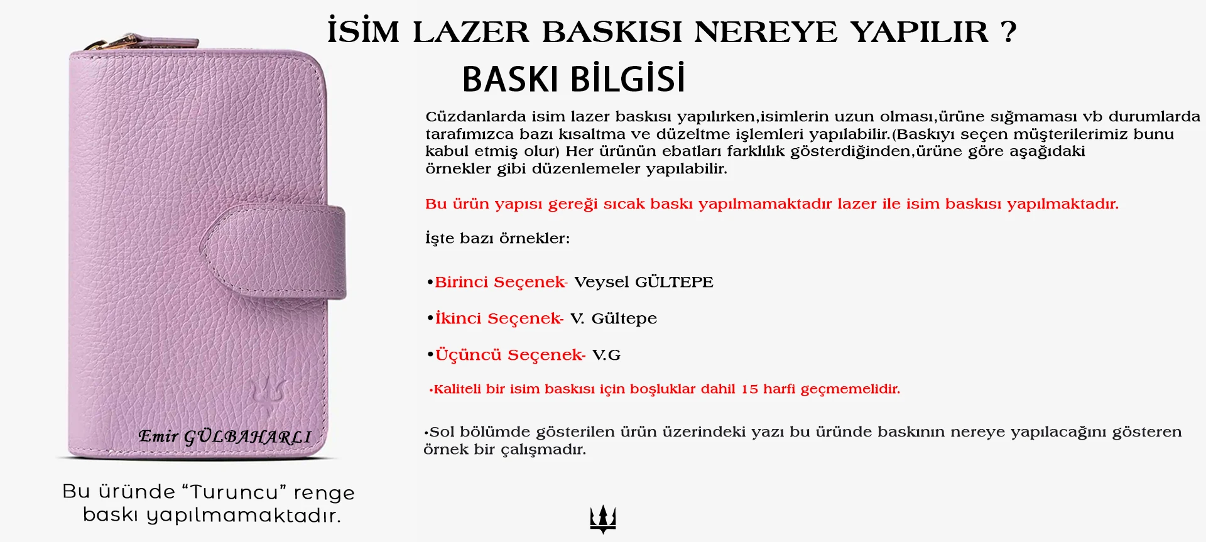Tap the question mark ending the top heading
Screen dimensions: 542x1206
[x=1009, y=31]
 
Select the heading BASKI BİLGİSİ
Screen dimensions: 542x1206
[x=573, y=79]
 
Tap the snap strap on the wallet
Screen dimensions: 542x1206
[x=276, y=250]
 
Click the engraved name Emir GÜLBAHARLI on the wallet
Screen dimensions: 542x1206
[x=224, y=436]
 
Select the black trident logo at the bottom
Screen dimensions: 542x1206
[x=603, y=519]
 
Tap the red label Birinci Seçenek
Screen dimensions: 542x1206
[x=501, y=282]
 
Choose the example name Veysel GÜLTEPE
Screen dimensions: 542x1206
[x=643, y=282]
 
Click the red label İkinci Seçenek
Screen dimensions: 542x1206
[x=499, y=318]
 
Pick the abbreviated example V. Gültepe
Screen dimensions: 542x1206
[x=614, y=318]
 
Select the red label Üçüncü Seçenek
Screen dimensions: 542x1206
[x=510, y=355]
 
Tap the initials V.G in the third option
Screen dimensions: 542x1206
[x=606, y=355]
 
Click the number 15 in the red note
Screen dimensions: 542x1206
[x=749, y=389]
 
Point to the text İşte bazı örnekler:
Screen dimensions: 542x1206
[x=497, y=239]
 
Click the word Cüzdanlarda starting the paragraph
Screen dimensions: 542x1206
[x=475, y=117]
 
